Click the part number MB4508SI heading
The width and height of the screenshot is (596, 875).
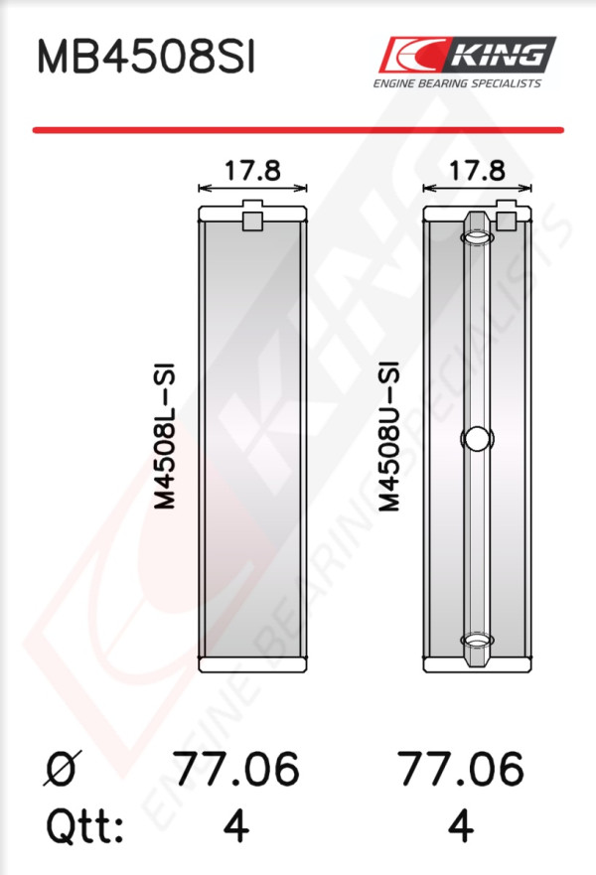pos(146,57)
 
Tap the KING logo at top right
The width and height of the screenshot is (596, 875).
pos(467,55)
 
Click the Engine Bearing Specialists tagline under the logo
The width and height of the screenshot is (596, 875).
pos(457,83)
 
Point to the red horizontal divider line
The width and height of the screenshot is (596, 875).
pos(298,130)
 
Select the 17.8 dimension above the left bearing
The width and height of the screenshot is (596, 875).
pos(252,170)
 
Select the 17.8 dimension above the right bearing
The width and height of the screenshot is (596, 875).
pos(477,170)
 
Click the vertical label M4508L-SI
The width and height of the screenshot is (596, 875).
pos(165,436)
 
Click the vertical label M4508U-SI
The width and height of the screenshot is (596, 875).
pos(389,436)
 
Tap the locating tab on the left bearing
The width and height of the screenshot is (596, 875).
pos(252,216)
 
